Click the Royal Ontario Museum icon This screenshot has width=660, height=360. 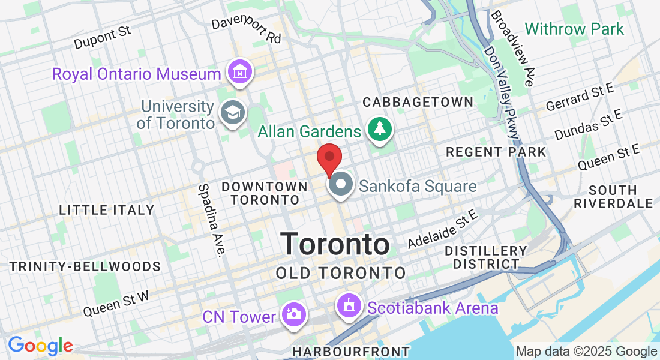pyautogui.click(x=240, y=73)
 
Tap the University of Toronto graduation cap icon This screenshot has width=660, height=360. pyautogui.click(x=232, y=112)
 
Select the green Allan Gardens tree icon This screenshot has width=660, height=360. pyautogui.click(x=379, y=128)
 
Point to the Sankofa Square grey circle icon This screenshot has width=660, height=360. pyautogui.click(x=342, y=184)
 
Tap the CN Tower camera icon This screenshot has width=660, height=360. pyautogui.click(x=293, y=314)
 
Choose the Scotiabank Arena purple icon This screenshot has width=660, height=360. pyautogui.click(x=349, y=306)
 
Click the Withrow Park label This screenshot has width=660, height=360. pyautogui.click(x=574, y=29)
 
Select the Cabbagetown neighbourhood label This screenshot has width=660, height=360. pyautogui.click(x=418, y=103)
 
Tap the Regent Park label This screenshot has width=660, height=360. pyautogui.click(x=496, y=152)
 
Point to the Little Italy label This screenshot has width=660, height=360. pyautogui.click(x=107, y=210)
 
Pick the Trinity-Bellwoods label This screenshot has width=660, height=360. pyautogui.click(x=85, y=266)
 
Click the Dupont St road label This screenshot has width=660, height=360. pyautogui.click(x=103, y=38)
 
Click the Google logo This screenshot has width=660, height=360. pyautogui.click(x=40, y=346)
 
